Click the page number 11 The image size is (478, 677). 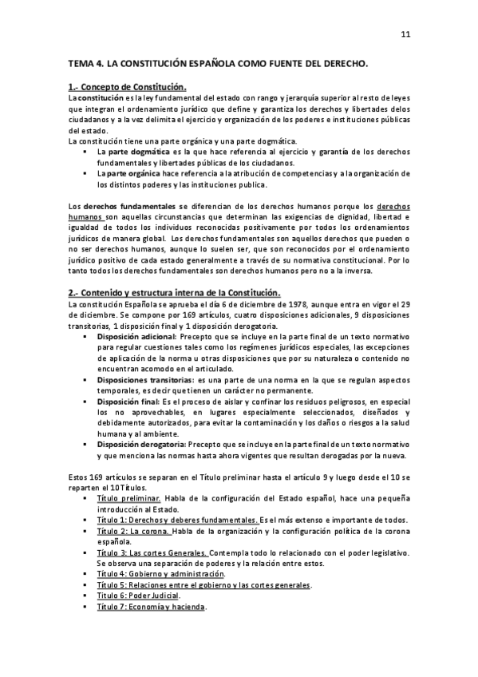(x=405, y=34)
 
